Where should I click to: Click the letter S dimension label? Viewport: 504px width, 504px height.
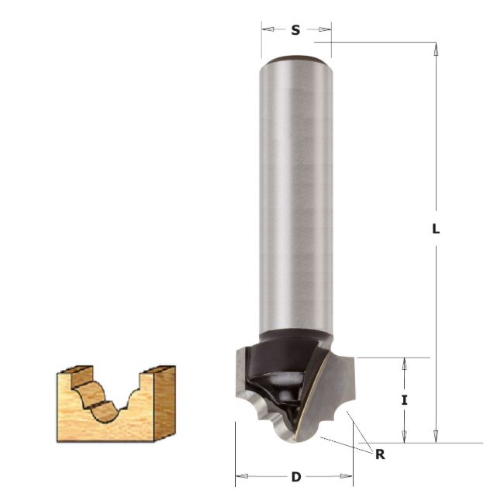295,30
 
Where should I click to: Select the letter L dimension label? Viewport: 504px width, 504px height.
437,230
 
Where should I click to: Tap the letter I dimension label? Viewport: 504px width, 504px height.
404,400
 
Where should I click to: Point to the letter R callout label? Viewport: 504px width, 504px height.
380,454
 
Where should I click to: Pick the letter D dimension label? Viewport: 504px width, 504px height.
295,477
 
